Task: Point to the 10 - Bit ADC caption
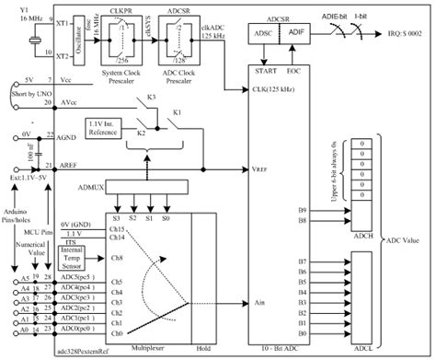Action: coord(280,353)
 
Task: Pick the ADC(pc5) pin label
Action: coord(75,275)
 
